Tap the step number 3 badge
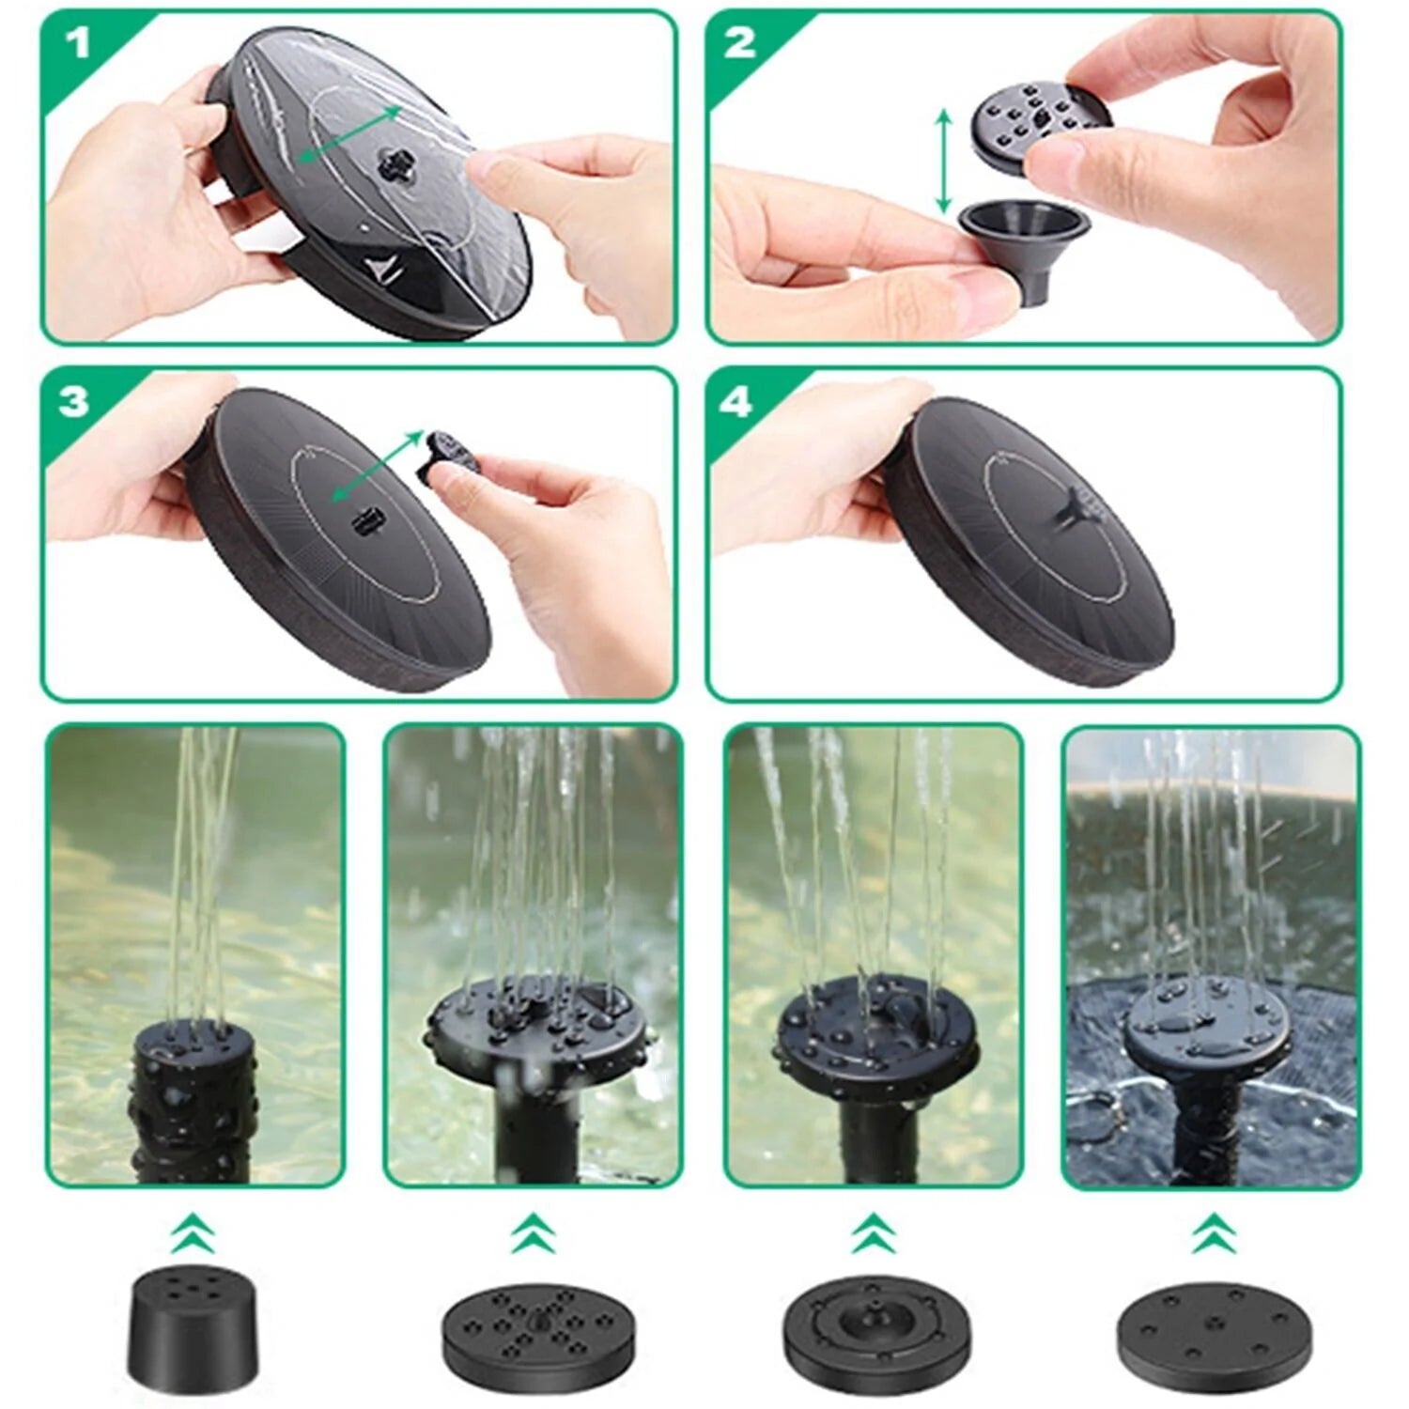coord(74,402)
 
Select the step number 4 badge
coord(736,402)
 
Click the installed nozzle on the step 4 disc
coord(1071,507)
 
